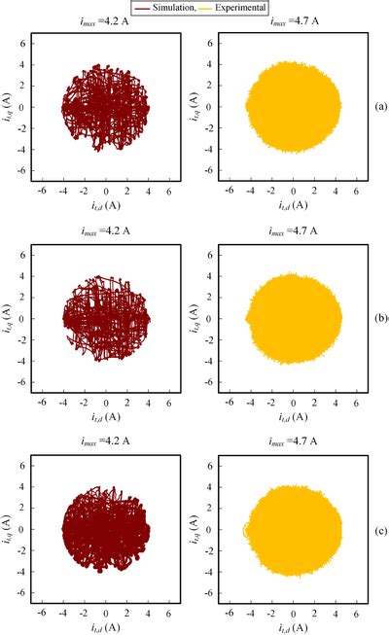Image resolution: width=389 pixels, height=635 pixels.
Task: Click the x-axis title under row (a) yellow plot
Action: [293, 204]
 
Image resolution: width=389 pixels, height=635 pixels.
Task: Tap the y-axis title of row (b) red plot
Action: [12, 318]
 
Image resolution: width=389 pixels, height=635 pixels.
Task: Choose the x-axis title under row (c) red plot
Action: [106, 626]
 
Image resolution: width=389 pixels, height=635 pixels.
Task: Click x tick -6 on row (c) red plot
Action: [43, 610]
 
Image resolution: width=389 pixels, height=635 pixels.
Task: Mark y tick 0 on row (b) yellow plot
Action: [217, 318]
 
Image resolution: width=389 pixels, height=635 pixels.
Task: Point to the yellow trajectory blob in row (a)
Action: [293, 105]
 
